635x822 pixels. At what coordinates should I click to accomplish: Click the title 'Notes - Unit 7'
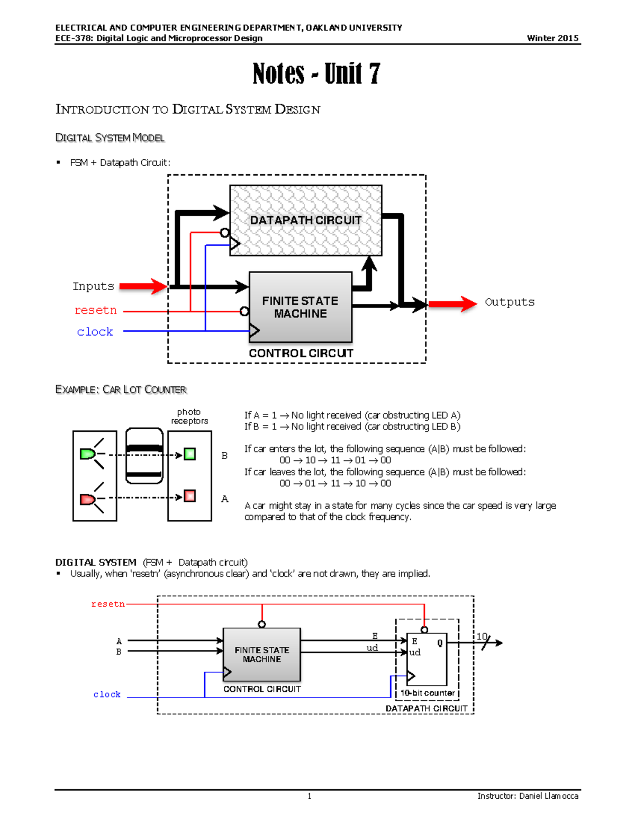coord(316,74)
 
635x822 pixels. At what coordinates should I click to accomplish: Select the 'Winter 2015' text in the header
coord(552,38)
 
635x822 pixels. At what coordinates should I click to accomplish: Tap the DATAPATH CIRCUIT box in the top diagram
coord(305,220)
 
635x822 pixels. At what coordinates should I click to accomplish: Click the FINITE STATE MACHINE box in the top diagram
coord(300,307)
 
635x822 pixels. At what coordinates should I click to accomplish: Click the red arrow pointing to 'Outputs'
coord(452,304)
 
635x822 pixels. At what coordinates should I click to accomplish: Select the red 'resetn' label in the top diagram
coord(95,310)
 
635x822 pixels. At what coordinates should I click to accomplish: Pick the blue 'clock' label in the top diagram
coord(95,332)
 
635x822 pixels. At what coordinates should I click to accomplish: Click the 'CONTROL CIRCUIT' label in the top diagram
coord(301,353)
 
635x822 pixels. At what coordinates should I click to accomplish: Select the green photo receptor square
coord(189,454)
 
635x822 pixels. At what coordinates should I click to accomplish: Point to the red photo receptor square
coord(189,496)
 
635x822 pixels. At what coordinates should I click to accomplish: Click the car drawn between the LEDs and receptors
coord(144,456)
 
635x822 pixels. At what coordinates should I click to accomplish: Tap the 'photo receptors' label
coord(189,417)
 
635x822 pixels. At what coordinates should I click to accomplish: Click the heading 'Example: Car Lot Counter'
coord(121,390)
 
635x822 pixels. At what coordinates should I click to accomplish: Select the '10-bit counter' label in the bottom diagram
coord(427,693)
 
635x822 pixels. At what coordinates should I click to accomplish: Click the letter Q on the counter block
coord(440,643)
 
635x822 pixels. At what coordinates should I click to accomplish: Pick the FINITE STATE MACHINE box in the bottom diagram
coord(262,655)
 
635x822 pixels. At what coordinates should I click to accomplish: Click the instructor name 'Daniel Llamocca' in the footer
coord(549,796)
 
